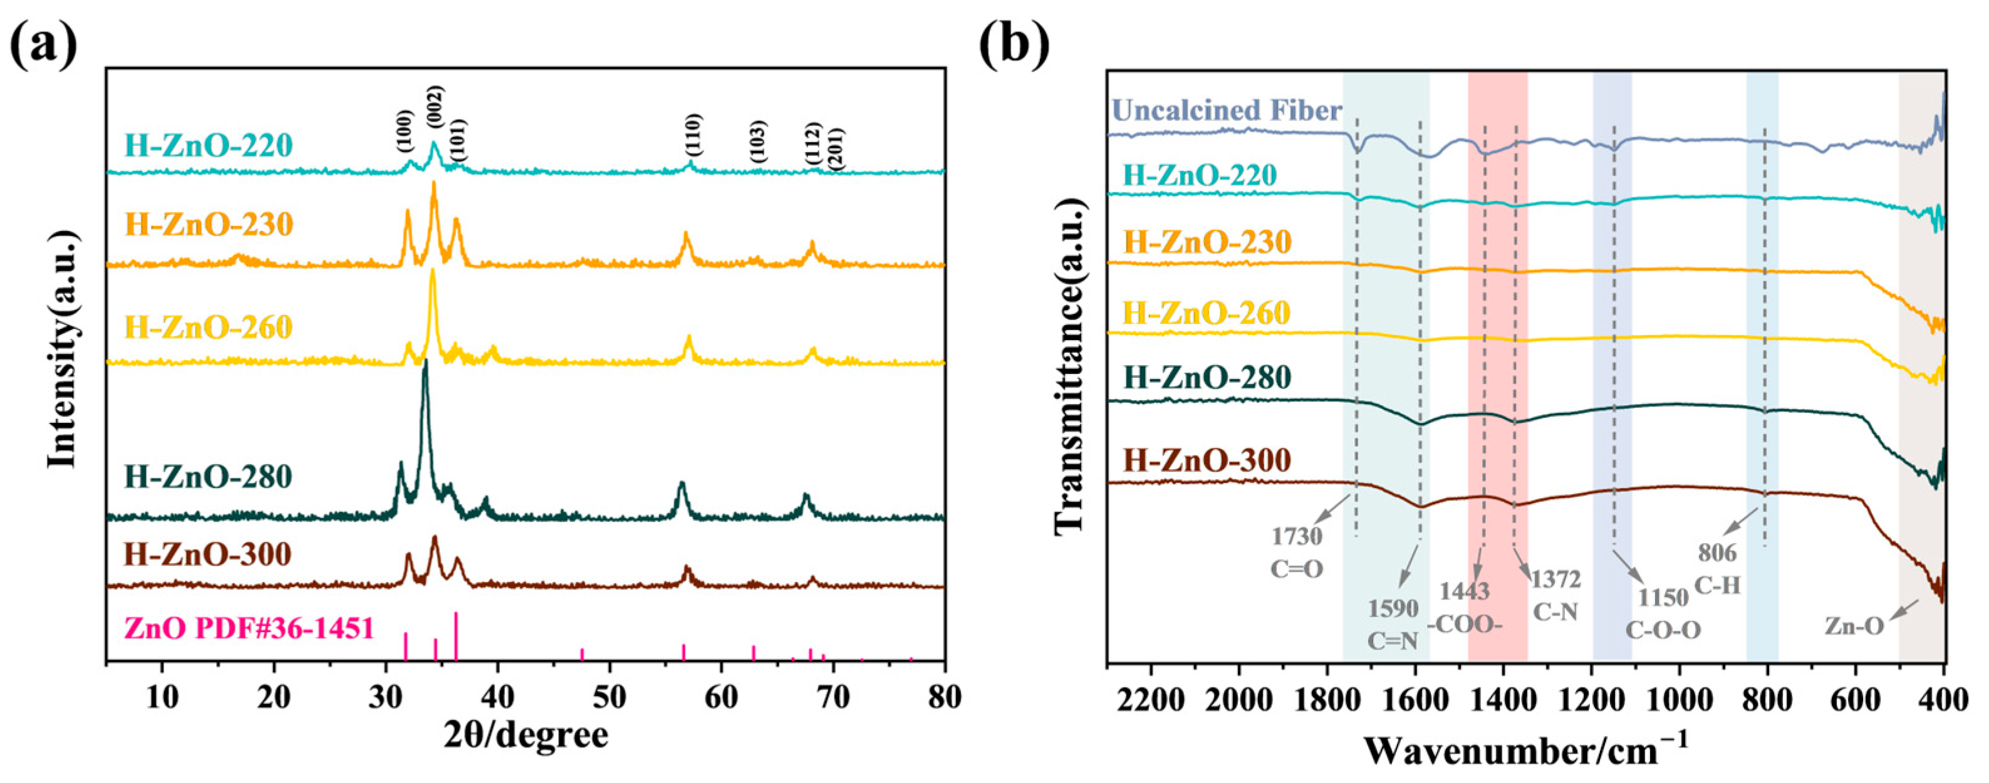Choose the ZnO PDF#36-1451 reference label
249,628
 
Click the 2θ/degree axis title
526,736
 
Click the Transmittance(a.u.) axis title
1069,363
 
